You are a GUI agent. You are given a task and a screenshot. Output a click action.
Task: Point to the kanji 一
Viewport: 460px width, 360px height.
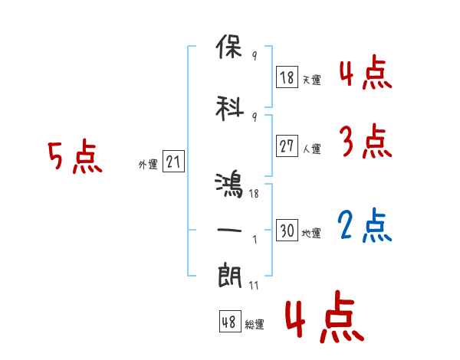point(230,229)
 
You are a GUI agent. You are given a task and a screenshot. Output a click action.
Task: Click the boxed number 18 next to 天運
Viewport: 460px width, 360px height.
point(287,77)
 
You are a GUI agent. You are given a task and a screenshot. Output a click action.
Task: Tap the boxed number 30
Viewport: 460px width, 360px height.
point(287,231)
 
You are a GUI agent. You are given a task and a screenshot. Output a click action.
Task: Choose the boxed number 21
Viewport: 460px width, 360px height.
point(173,162)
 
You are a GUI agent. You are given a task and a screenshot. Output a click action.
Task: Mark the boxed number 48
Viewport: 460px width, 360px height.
point(229,322)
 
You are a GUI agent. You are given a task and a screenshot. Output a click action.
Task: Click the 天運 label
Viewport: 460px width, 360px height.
point(311,79)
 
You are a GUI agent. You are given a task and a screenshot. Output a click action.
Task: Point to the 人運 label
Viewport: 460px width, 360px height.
point(311,149)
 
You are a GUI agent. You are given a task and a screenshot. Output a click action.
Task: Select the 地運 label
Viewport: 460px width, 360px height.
point(311,233)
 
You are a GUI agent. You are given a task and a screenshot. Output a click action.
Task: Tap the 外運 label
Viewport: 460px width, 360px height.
point(148,164)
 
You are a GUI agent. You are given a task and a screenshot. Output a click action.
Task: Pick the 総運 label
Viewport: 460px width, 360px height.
point(255,324)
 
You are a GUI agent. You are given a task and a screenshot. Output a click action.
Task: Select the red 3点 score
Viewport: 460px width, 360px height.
point(366,142)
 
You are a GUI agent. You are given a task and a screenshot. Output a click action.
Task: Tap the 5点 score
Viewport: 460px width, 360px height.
point(74,159)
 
